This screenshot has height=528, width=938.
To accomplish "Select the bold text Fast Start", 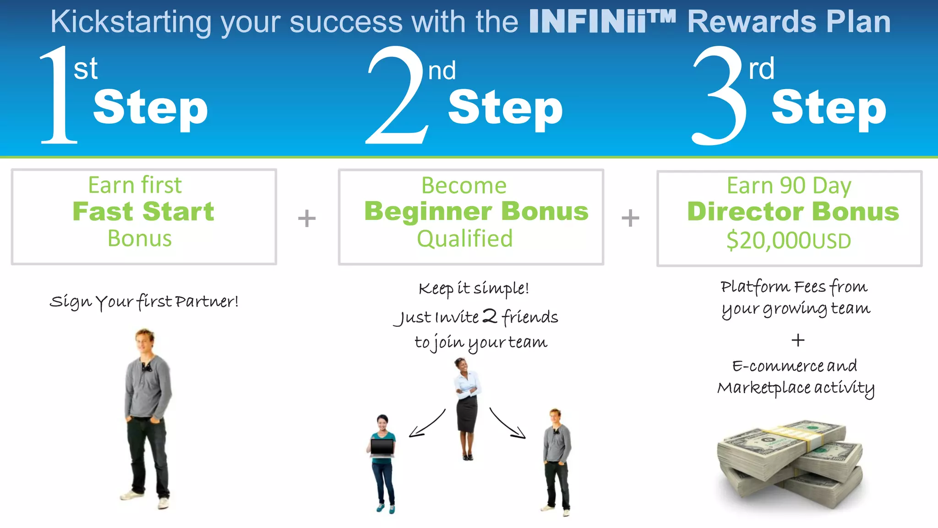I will [143, 211].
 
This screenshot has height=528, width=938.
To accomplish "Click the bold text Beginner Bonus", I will [476, 211].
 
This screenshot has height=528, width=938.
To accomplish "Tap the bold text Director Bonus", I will [793, 211].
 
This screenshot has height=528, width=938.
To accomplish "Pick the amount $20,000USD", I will [789, 240].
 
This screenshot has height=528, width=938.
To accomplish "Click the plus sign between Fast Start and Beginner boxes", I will [307, 218].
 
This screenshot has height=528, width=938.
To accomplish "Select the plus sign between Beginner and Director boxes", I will [630, 218].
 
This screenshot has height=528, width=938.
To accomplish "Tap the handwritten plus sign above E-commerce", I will [798, 340].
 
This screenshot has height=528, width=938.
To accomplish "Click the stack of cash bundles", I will [790, 463].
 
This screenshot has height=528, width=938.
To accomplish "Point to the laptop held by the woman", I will [382, 447].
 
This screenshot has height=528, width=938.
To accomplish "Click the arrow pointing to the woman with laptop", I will [426, 424].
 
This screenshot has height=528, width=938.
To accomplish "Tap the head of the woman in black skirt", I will [461, 365].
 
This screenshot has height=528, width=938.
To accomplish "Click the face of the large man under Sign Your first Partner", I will [145, 340].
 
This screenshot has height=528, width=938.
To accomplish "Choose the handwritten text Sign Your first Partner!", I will [144, 302].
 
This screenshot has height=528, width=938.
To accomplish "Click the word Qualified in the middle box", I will [464, 239].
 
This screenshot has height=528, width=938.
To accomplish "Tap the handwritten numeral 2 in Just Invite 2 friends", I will [490, 316].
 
